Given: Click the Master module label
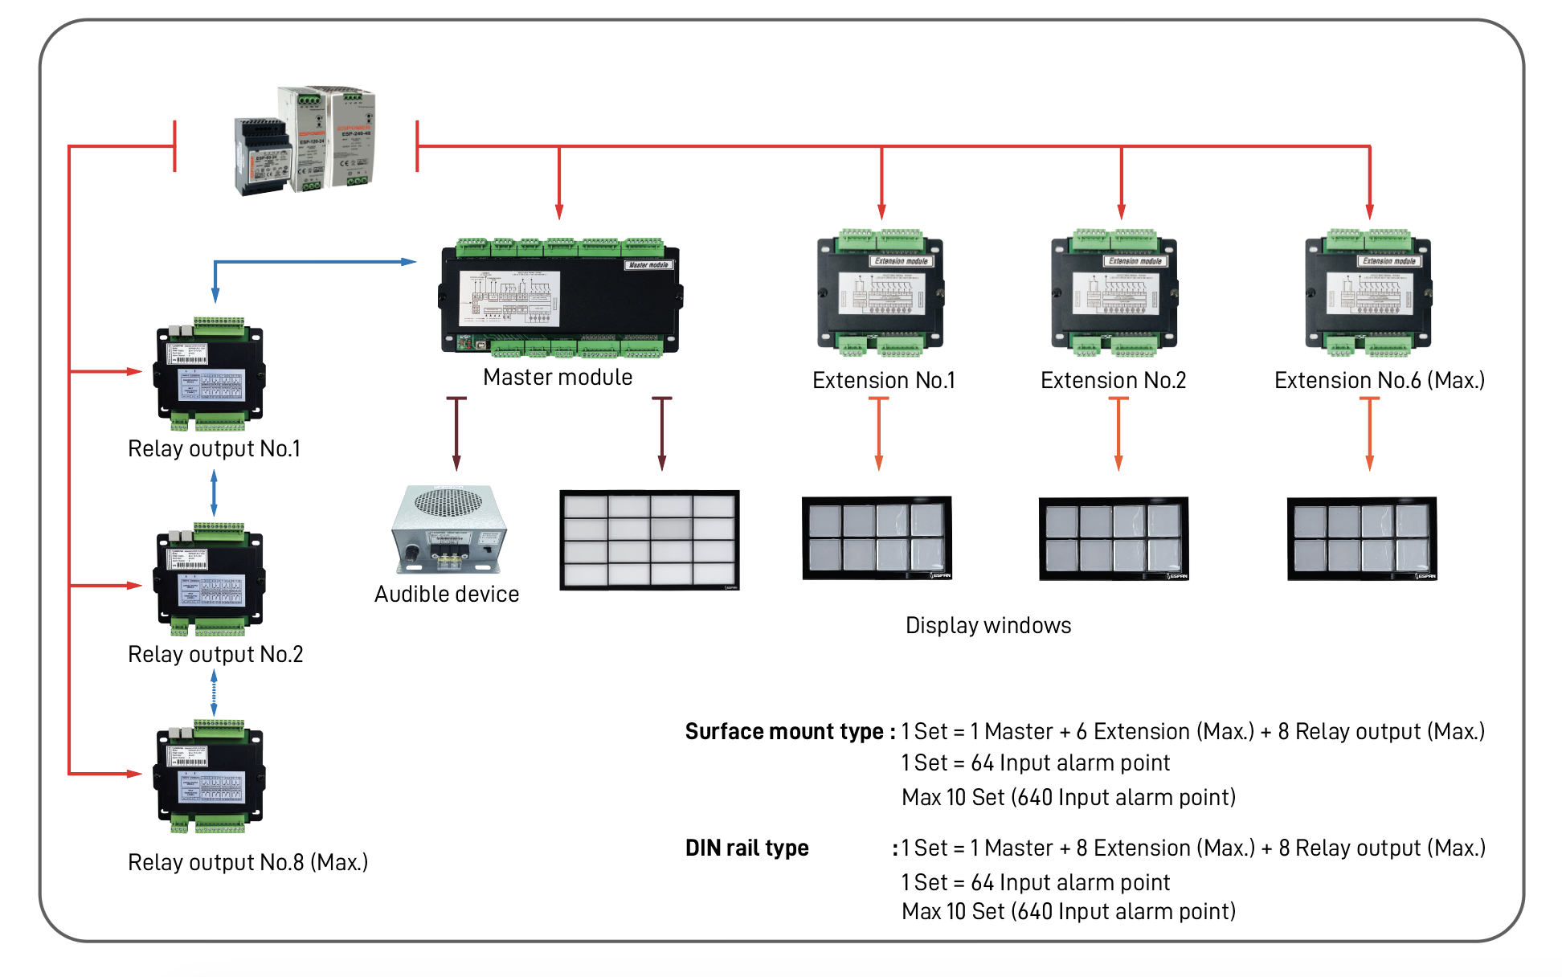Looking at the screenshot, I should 558,377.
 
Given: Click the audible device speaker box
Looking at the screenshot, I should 448,529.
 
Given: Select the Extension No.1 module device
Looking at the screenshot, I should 881,293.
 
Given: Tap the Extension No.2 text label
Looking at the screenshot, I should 1113,380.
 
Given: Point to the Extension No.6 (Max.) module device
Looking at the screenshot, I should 1368,293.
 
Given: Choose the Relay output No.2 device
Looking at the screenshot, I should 209,579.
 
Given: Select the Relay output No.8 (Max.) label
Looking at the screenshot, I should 247,862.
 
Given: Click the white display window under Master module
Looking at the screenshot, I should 649,540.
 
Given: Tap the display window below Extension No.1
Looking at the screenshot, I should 877,538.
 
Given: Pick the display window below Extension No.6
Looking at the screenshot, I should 1362,538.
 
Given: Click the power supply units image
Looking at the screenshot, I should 305,141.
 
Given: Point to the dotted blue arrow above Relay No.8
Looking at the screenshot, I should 214,693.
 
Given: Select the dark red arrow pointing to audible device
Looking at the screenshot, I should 456,434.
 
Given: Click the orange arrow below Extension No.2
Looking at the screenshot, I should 1118,434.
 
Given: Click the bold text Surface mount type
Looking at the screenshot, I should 789,731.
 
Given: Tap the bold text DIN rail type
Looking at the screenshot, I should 746,848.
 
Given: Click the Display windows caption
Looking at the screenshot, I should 988,625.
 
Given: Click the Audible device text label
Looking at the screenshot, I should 447,594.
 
